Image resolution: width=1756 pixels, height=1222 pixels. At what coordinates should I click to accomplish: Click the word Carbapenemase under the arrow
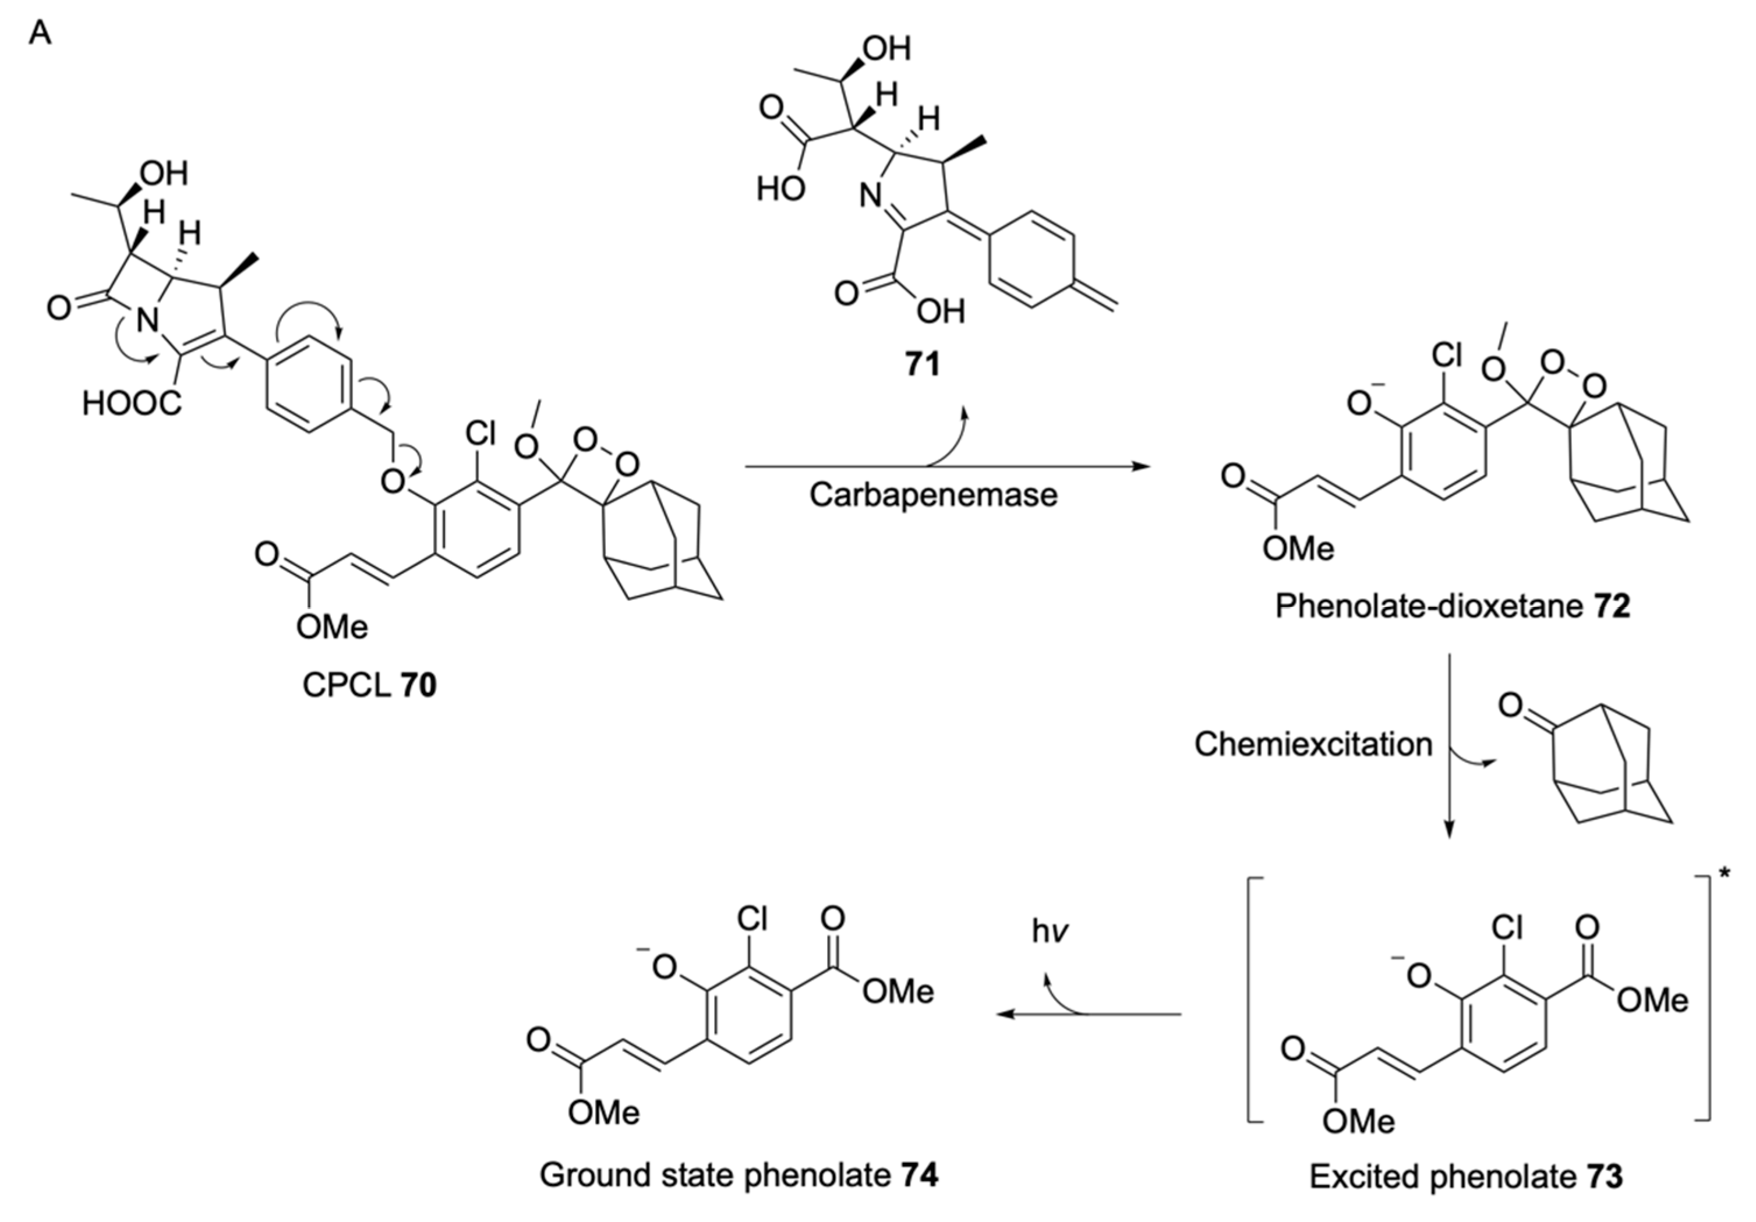(933, 495)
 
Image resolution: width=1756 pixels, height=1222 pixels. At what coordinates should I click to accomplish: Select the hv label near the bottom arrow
(1050, 931)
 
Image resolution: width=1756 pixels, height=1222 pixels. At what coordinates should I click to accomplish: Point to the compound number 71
(923, 364)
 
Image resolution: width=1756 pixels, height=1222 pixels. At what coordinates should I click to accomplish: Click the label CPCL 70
(369, 685)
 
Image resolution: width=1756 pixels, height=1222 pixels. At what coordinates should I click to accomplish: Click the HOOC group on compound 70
(132, 402)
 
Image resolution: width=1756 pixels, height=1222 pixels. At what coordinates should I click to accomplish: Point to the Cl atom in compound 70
(480, 434)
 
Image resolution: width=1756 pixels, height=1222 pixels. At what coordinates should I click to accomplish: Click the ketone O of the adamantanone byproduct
(1510, 705)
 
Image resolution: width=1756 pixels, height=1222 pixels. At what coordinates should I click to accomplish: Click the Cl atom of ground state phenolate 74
(752, 919)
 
